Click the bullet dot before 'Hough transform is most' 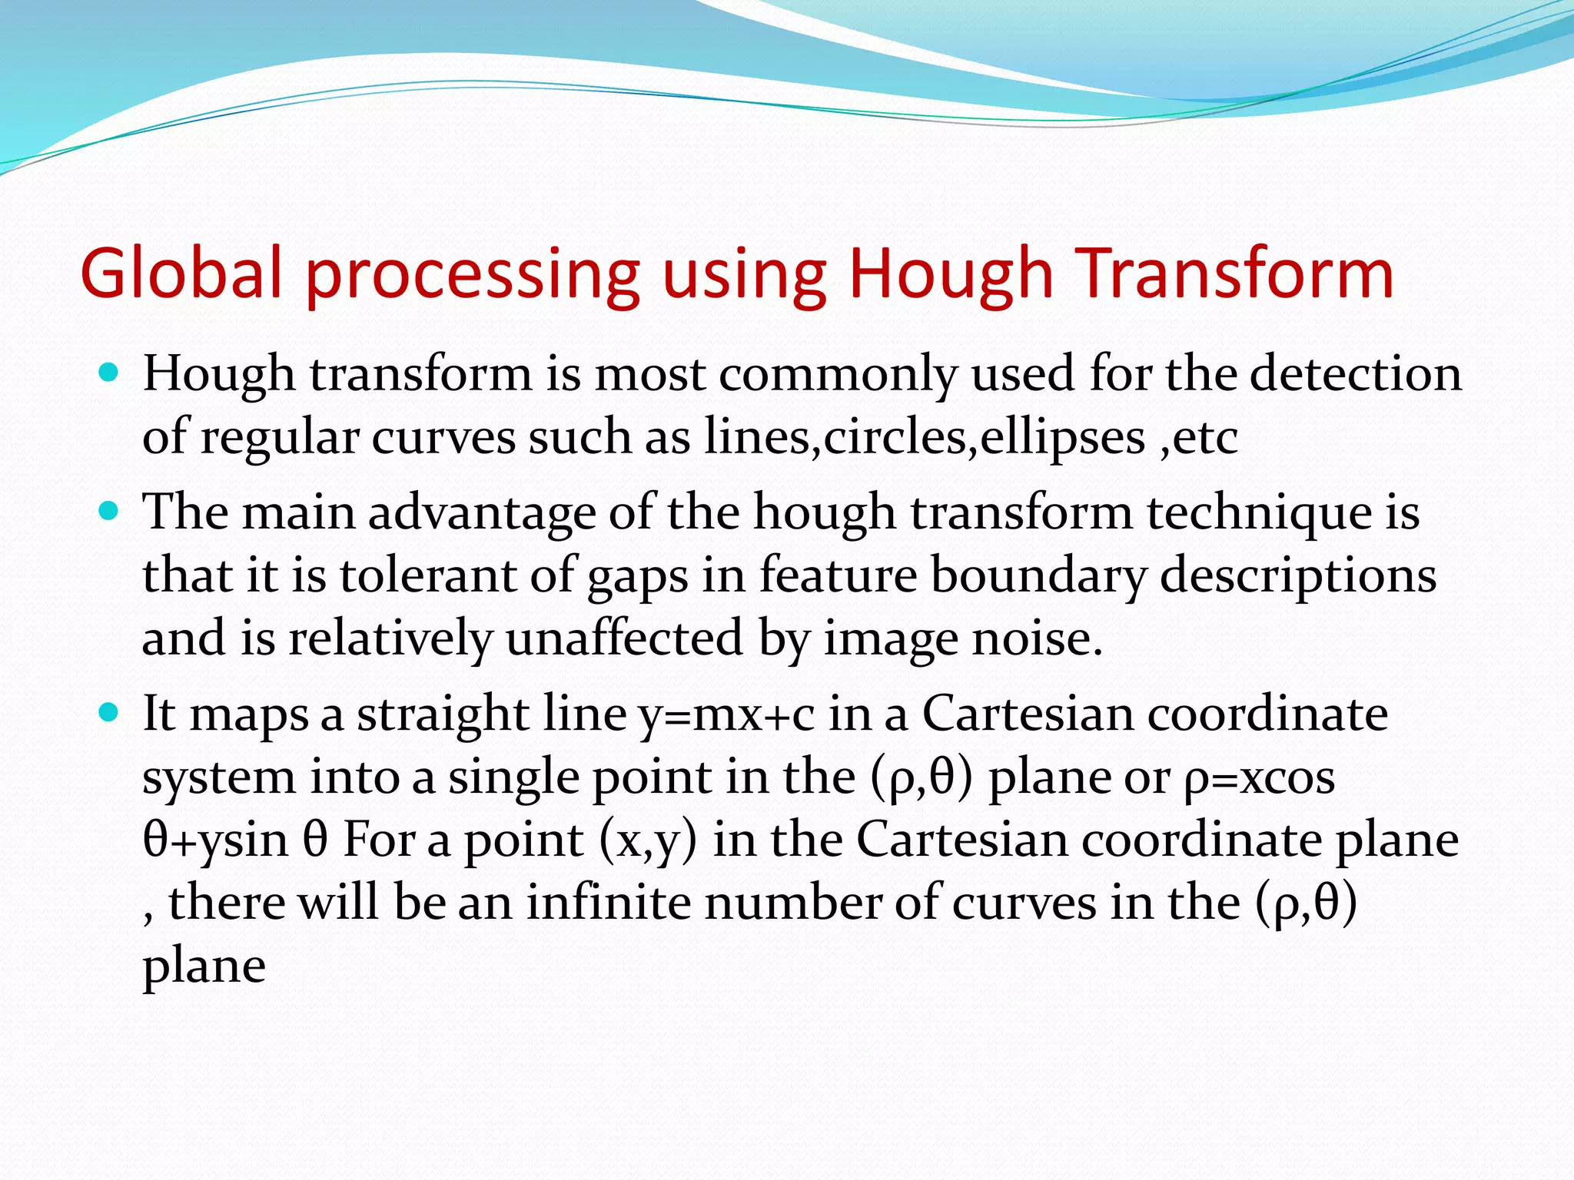[x=110, y=373]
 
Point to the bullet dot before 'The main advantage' [x=110, y=511]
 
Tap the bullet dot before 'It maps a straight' [x=110, y=713]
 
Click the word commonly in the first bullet [x=838, y=376]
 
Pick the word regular [x=280, y=439]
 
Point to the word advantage [x=482, y=513]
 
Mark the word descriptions [x=1298, y=576]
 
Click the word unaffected [x=624, y=638]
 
